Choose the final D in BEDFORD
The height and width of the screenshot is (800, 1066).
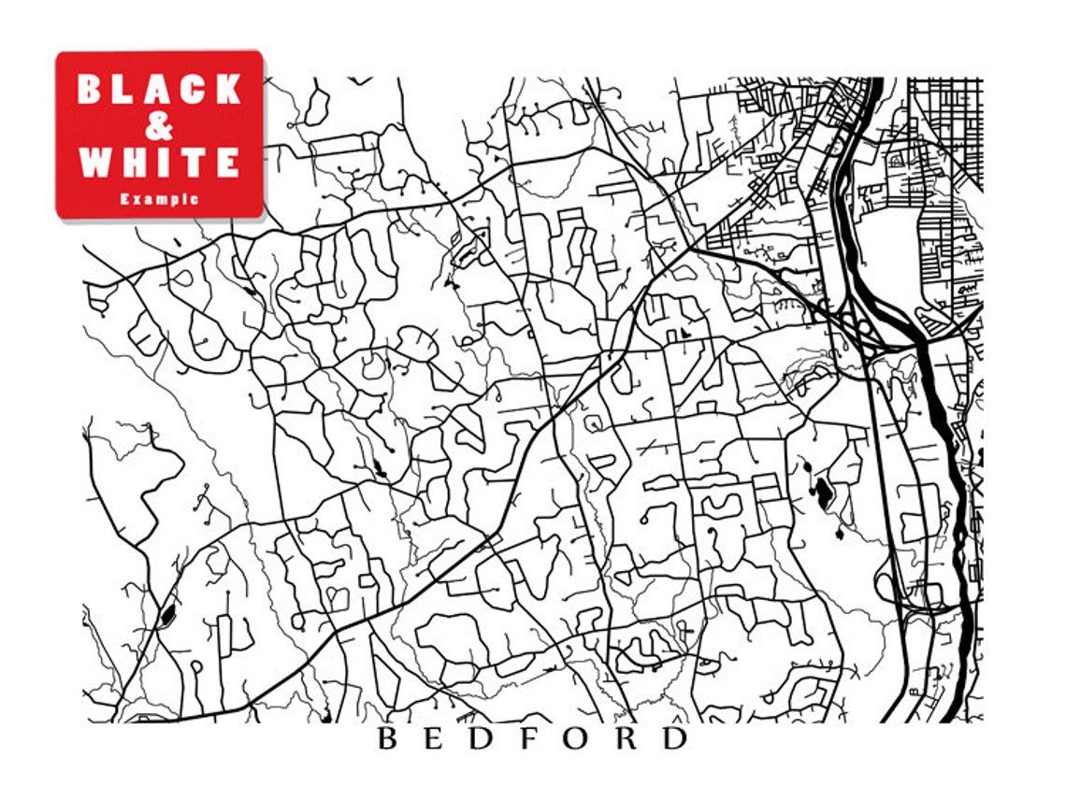click(675, 739)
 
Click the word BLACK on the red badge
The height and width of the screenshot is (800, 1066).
click(159, 90)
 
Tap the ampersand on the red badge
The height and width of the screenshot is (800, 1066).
click(160, 126)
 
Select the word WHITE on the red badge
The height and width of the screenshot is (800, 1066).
click(159, 163)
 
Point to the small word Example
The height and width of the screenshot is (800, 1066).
click(159, 199)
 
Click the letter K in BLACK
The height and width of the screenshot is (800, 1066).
click(227, 90)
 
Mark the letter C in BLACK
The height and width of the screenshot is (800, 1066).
click(194, 90)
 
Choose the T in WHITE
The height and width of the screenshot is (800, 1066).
click(194, 163)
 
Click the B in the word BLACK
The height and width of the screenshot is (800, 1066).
click(91, 90)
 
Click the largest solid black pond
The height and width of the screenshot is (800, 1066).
click(822, 492)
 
